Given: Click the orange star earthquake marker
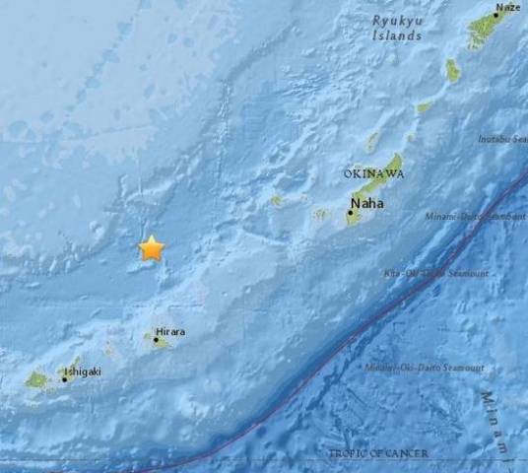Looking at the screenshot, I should (152, 247).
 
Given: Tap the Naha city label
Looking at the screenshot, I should (366, 204).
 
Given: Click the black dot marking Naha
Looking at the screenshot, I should (350, 212).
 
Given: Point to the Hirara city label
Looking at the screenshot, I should (169, 332).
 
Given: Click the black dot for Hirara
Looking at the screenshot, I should (156, 339).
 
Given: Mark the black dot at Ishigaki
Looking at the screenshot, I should (65, 378).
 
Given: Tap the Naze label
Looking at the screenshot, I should (508, 8).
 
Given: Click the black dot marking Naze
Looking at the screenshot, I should (496, 16).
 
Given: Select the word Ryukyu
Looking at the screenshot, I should (397, 20).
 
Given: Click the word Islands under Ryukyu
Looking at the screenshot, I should (397, 34).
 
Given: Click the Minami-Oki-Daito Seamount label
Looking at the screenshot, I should (425, 368).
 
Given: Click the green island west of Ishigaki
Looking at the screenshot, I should (36, 378).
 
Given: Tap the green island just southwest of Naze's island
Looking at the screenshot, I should (452, 69).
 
